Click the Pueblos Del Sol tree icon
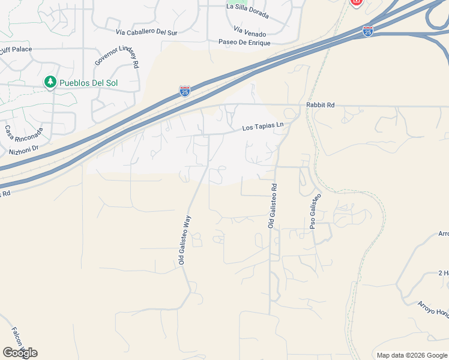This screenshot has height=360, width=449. pos(50,82)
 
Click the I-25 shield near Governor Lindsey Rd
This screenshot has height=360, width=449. pos(185,91)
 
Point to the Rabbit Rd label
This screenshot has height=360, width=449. pos(320,104)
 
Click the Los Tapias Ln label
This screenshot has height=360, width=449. pos(262,127)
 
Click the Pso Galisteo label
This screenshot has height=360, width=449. pos(315,211)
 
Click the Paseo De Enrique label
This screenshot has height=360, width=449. pos(242,43)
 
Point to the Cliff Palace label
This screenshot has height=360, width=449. pos(16,49)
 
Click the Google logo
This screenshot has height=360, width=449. pos(20,352)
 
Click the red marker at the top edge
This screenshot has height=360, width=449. pos(356,2)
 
